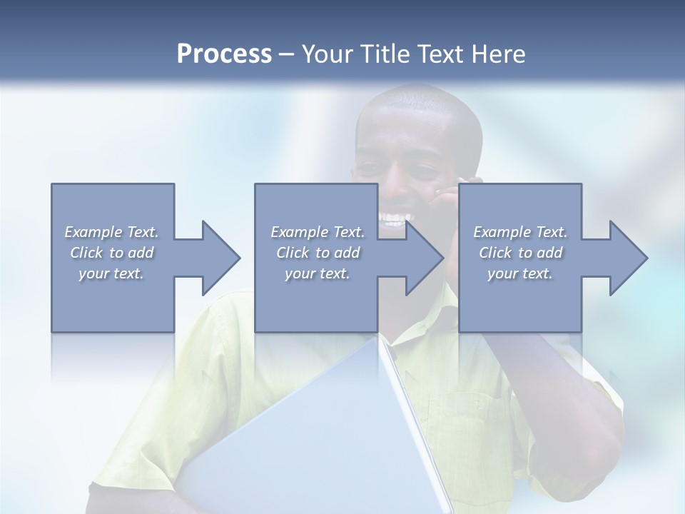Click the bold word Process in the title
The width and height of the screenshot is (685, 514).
tap(224, 54)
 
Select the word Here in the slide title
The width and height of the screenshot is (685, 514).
tap(499, 54)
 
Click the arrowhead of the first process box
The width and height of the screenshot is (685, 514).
tap(221, 258)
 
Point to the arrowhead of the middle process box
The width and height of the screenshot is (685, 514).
tap(425, 258)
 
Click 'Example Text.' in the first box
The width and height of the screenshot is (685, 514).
tap(111, 232)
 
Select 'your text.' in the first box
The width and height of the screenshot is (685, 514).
tap(111, 273)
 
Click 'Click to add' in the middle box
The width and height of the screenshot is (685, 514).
tap(318, 253)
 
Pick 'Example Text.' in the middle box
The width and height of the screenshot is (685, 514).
tap(318, 232)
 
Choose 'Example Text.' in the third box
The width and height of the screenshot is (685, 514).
tap(520, 232)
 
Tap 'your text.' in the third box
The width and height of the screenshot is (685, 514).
tap(520, 273)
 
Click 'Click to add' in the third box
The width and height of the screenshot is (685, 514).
tap(520, 253)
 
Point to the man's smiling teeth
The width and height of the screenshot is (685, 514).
tap(395, 218)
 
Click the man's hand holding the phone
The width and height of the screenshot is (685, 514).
tap(447, 196)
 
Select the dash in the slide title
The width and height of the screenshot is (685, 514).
tap(287, 54)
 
